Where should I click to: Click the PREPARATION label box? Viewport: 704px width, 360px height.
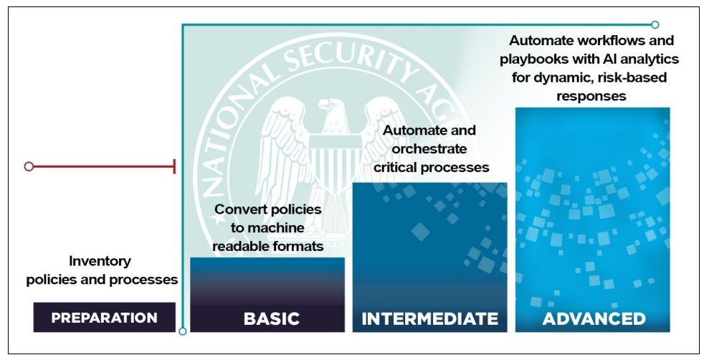coord(104,318)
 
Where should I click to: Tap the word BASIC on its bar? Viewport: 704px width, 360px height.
coord(272,318)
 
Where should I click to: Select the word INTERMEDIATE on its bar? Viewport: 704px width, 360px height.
coord(429,318)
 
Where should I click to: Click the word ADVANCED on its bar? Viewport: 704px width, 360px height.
coord(594,318)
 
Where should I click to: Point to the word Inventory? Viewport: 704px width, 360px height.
coord(100,261)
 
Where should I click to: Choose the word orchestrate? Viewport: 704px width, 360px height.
coord(429,148)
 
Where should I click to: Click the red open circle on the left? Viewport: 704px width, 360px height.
coord(29,166)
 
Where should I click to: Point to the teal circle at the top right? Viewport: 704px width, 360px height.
coord(655,24)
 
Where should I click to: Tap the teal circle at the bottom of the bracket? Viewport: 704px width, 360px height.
coord(182,331)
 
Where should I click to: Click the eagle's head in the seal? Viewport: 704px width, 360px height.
coord(331,112)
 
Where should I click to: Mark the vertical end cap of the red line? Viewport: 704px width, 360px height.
coord(174,166)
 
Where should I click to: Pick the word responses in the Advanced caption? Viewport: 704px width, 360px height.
coord(591,96)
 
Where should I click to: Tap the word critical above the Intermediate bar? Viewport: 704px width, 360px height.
coord(396,167)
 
